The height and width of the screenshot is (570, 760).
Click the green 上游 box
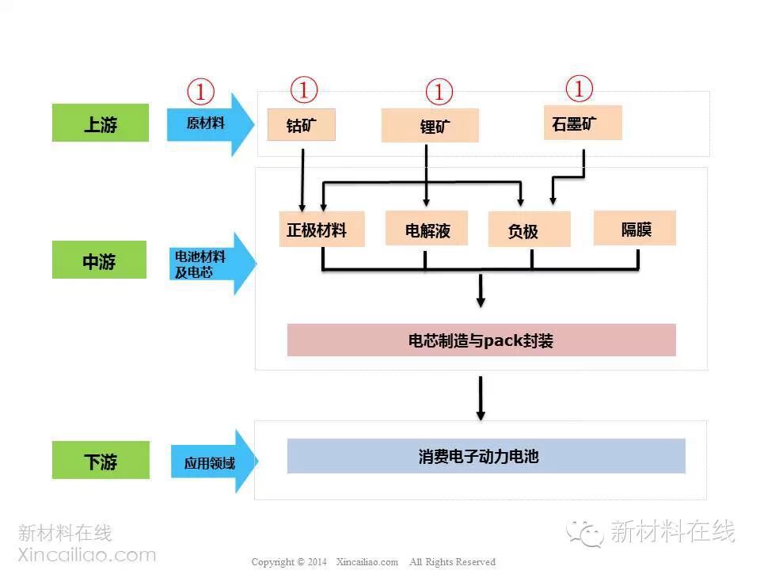(101, 123)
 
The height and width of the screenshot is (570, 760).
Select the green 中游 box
(100, 260)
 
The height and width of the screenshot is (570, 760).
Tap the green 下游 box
(101, 460)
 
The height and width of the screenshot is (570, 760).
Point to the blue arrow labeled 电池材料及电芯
(211, 264)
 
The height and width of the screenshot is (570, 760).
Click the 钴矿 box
(301, 124)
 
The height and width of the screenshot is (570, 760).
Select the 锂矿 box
(430, 125)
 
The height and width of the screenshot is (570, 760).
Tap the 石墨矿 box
(582, 123)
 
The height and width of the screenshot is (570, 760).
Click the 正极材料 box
(321, 230)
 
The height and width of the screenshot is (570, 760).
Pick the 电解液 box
(426, 229)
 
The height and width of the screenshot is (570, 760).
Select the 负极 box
(529, 230)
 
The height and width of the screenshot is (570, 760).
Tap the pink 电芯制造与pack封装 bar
(481, 340)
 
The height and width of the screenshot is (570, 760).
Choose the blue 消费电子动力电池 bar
(485, 456)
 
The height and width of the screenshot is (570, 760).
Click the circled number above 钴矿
(304, 89)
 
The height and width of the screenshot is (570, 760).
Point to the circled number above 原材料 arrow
(200, 92)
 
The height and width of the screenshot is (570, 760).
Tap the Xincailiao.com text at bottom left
(86, 554)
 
